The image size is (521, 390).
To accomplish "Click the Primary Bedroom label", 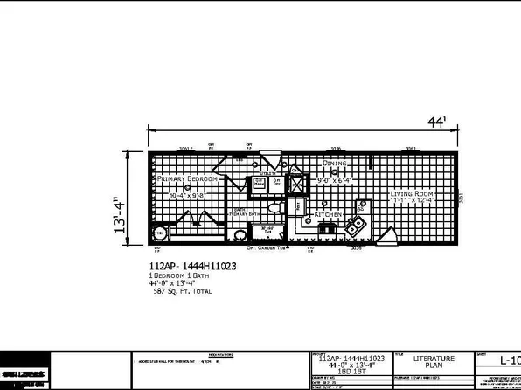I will coord(187,178).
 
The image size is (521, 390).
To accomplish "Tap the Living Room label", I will coord(412,193).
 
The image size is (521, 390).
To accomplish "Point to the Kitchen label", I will coord(327,214).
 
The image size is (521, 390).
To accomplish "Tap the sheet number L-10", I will coord(509,360).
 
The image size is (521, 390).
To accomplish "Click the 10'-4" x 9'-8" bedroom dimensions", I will coord(187,195).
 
